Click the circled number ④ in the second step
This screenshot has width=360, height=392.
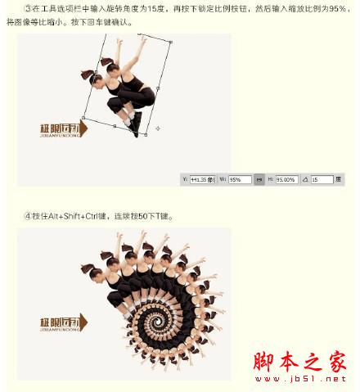pos(28,216)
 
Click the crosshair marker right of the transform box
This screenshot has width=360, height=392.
pos(157,128)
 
